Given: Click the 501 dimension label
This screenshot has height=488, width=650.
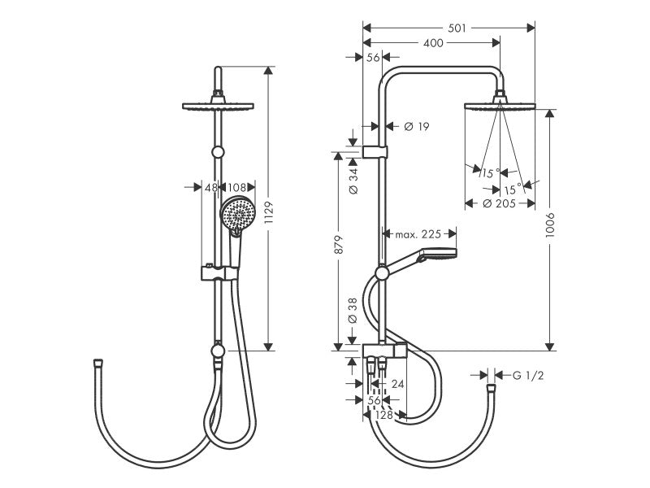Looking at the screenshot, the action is point(457,28).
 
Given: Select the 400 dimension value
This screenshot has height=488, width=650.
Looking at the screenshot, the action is point(433,43).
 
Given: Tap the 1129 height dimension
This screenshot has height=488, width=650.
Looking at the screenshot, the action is point(269,213).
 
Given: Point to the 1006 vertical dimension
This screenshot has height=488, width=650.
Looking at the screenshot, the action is point(550,225).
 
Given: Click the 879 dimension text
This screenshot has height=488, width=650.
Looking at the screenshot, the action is point(339,245).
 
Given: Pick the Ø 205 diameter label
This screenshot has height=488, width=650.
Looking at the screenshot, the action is point(500,203).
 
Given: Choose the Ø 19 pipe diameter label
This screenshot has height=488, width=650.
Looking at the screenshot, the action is point(416,126).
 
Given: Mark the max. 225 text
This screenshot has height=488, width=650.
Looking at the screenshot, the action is point(418,234).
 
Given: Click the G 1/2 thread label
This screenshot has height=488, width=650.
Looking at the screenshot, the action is point(527,376).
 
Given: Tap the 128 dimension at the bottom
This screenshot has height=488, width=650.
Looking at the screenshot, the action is point(383,415).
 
